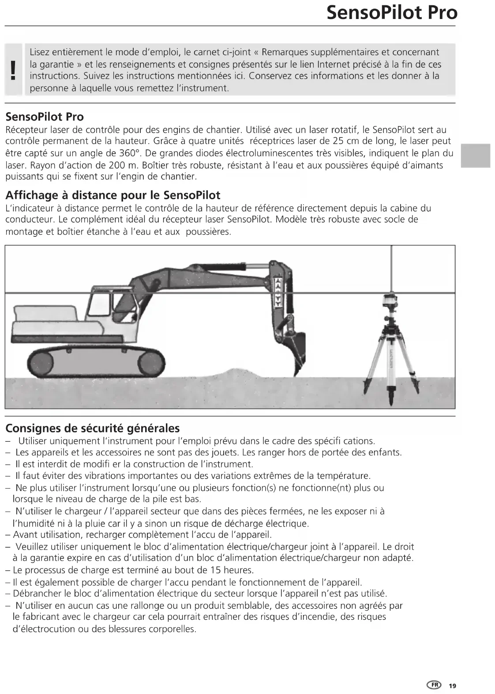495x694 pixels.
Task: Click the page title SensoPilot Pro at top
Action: pos(392,12)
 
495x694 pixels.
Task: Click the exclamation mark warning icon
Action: pos(15,70)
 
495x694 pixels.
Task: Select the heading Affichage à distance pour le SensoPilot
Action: pos(112,195)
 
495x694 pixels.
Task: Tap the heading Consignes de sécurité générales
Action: pos(93,428)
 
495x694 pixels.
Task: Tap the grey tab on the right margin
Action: pos(475,155)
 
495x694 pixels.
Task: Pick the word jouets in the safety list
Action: pos(226,452)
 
